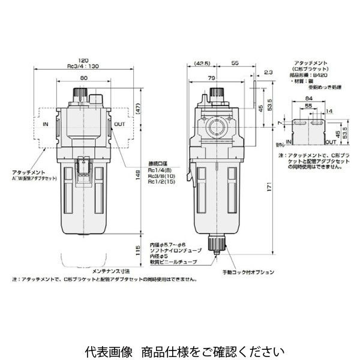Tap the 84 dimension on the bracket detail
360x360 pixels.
coord(309,99)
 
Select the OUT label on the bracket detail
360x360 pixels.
coord(329,143)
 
